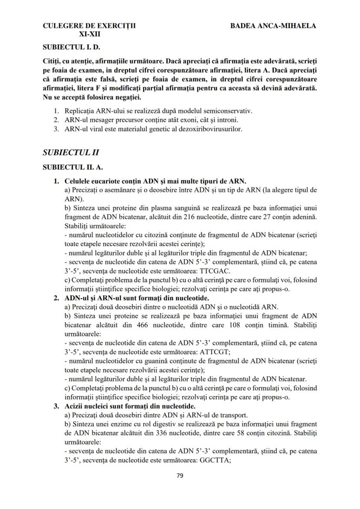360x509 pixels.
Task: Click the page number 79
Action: (x=180, y=475)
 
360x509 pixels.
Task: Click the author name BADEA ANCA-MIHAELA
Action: (x=273, y=26)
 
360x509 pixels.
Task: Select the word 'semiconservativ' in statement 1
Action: (x=230, y=111)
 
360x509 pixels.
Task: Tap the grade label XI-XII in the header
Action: (x=89, y=34)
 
